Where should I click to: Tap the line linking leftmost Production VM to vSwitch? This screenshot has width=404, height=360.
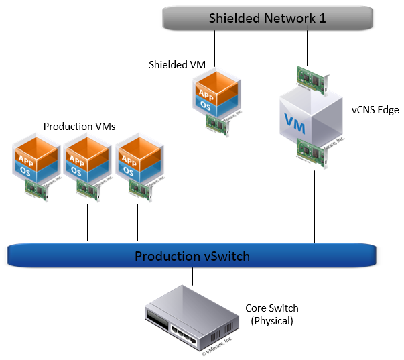pyautogui.click(x=38, y=222)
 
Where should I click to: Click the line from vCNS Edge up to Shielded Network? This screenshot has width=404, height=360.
pyautogui.click(x=307, y=47)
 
